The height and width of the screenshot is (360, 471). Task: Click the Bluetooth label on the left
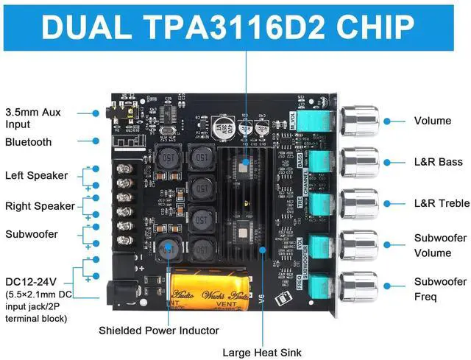(x=29, y=141)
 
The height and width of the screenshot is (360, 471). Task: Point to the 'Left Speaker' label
(x=36, y=175)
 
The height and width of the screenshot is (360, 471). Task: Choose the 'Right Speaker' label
(x=40, y=206)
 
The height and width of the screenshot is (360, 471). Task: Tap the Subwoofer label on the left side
(x=31, y=234)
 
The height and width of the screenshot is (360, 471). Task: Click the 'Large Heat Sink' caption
(x=262, y=353)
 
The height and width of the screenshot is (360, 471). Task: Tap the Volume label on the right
(x=433, y=121)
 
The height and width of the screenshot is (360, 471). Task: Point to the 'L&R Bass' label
(x=438, y=160)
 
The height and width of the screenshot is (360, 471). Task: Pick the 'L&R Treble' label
(x=442, y=202)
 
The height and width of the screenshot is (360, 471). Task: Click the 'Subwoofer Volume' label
(x=440, y=246)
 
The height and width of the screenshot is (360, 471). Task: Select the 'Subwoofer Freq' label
(x=440, y=289)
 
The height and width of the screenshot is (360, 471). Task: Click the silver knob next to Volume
(x=359, y=120)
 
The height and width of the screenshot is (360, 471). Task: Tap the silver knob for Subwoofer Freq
(x=359, y=287)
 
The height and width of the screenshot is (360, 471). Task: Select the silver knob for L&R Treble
(x=359, y=204)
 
